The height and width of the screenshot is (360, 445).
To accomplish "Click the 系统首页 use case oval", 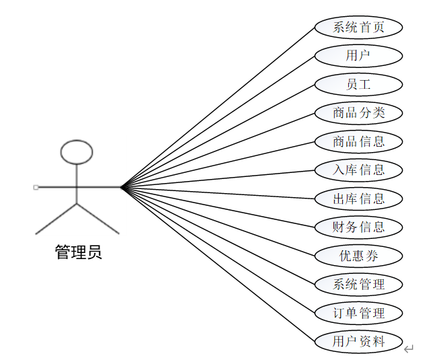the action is coord(358,28).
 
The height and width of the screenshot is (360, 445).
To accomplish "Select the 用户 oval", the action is coord(358,56).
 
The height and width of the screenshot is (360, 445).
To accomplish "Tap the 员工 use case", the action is coord(358,85).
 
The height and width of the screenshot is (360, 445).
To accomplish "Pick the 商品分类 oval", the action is coord(358,113).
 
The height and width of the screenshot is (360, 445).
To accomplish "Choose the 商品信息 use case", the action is coord(358,142).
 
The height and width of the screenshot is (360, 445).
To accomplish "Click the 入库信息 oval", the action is coord(358,170).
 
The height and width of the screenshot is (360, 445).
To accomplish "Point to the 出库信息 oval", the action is coord(358,199).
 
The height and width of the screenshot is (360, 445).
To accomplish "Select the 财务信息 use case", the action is coord(358,227).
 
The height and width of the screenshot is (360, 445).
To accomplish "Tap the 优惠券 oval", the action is coord(358,256).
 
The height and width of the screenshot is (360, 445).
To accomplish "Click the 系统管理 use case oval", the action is coord(358,285).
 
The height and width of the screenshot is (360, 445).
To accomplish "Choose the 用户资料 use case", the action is coord(358,342).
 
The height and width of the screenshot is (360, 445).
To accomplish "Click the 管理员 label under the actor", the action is coord(78,253).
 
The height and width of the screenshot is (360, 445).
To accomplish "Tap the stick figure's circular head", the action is coord(76,152).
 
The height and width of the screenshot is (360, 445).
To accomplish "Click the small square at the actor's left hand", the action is coord(36,187).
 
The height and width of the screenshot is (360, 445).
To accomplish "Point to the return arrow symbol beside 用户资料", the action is coord(409,349).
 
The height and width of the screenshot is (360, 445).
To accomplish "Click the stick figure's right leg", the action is coord(98,219).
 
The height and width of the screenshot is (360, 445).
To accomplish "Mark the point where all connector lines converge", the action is coord(121,187).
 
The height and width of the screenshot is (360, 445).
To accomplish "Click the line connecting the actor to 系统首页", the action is coord(218,107).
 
